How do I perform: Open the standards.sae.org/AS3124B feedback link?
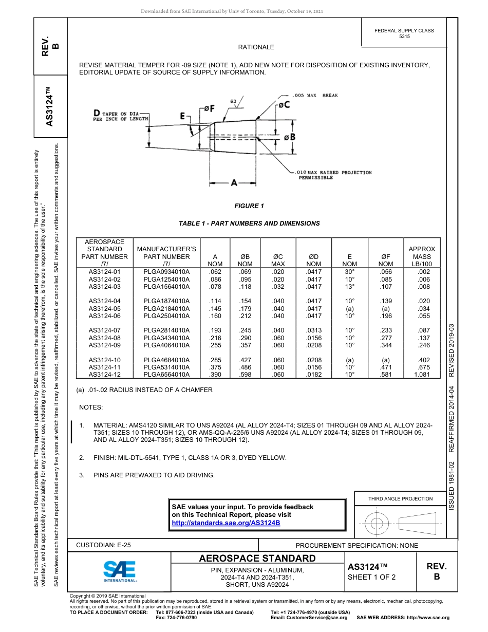(226, 523)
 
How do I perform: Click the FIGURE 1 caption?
(249, 206)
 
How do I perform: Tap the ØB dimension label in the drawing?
(290, 137)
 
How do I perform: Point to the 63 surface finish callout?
(233, 102)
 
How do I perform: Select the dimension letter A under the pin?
(234, 182)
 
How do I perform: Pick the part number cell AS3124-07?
(104, 330)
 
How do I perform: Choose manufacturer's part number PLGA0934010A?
(166, 271)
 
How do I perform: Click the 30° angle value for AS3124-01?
(350, 271)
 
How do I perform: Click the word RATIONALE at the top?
(256, 47)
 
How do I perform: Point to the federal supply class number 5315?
(404, 37)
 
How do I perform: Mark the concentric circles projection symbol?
(377, 524)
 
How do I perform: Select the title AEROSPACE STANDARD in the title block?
(257, 559)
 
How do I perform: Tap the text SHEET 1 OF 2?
(372, 577)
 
